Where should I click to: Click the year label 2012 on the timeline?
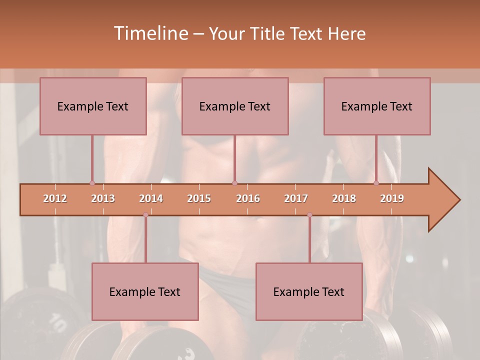[x=55, y=198]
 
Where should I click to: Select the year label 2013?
[x=103, y=198]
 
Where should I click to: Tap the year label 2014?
[x=151, y=198]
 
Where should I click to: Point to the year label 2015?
[x=199, y=198]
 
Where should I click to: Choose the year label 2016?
[x=248, y=198]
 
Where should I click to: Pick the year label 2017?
[x=296, y=198]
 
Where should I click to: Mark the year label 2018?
[x=344, y=198]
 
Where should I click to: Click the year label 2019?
[x=392, y=198]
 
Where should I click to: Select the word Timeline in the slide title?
[x=150, y=33]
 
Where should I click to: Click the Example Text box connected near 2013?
[x=93, y=106]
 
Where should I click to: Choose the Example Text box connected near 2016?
[x=235, y=106]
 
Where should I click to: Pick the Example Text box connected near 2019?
[x=377, y=106]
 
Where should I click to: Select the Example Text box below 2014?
[x=145, y=291]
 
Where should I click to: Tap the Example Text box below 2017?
[x=309, y=291]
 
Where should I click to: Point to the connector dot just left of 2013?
[x=92, y=183]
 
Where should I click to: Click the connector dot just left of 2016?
[x=234, y=183]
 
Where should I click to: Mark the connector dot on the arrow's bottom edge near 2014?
[x=145, y=215]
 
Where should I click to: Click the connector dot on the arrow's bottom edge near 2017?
[x=309, y=215]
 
